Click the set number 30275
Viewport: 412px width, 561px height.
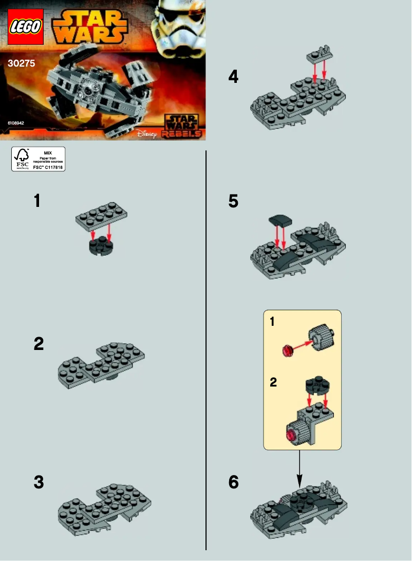pos(21,64)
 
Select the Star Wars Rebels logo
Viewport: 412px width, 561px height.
pos(179,126)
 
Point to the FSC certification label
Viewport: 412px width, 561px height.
pos(39,159)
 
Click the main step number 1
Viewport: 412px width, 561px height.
pos(37,201)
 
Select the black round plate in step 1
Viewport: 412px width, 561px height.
pos(101,246)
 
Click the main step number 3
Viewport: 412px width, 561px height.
pos(39,483)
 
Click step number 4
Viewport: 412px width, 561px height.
pos(233,77)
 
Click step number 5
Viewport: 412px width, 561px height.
pos(233,201)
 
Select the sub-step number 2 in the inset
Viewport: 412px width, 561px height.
pos(273,382)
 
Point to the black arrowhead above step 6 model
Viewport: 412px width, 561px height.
pos(300,482)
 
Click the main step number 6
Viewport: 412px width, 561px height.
pos(234,483)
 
